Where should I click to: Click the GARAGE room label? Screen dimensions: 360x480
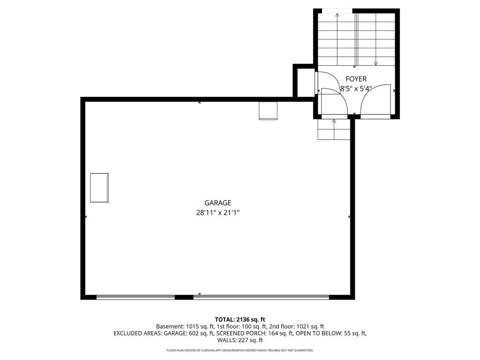tap(218, 203)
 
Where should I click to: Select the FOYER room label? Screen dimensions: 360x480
tap(356, 79)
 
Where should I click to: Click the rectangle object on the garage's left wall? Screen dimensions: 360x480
tap(99, 188)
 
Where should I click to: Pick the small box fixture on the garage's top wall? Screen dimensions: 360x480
tap(268, 111)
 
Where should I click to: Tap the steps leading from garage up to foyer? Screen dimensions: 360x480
tap(334, 130)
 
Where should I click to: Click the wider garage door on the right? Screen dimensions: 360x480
tap(261, 297)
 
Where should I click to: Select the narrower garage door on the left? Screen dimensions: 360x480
tap(135, 297)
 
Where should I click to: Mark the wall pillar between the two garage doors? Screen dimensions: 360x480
tap(184, 297)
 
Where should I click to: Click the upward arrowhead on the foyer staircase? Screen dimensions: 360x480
tap(337, 15)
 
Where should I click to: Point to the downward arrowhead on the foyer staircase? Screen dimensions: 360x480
tap(376, 63)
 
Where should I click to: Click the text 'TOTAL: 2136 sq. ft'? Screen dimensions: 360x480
tap(240, 319)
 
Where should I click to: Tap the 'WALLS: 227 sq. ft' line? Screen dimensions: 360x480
tap(240, 340)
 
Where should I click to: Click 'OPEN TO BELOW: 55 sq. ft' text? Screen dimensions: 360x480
tap(331, 333)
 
